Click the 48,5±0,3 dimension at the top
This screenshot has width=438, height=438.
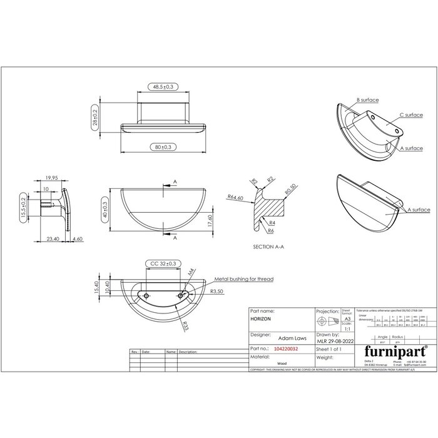pos(163,86)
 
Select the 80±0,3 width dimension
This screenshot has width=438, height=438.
pos(162,146)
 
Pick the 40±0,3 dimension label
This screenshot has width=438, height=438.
pos(104,206)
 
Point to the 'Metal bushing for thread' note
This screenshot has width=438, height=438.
pos(244,279)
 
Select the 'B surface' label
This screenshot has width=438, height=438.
pos(368,99)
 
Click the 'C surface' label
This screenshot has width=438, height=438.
pos(409,115)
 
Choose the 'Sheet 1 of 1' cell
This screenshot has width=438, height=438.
pos(330,349)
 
